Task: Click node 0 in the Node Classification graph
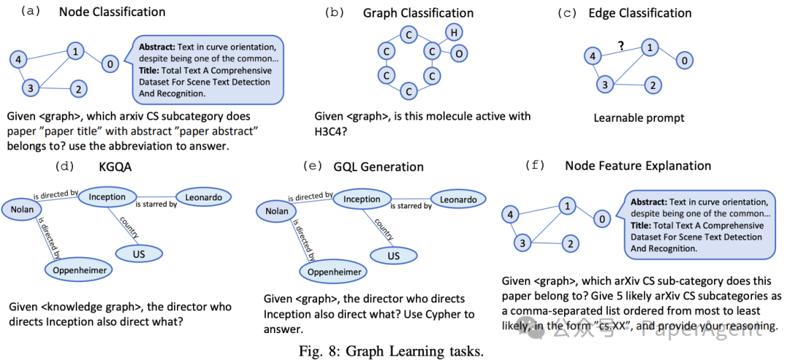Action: tap(109, 64)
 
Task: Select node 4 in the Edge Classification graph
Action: tap(593, 56)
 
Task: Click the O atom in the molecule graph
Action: tap(458, 53)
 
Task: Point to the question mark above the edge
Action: tap(621, 45)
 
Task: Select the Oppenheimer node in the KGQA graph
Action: tap(80, 270)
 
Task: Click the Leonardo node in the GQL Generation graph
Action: tap(458, 200)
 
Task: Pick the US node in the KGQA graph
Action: tap(138, 253)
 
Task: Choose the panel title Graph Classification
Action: tap(418, 13)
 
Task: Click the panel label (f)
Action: tap(536, 166)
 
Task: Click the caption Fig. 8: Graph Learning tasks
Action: tap(392, 350)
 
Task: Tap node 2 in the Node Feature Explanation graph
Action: tap(573, 243)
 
